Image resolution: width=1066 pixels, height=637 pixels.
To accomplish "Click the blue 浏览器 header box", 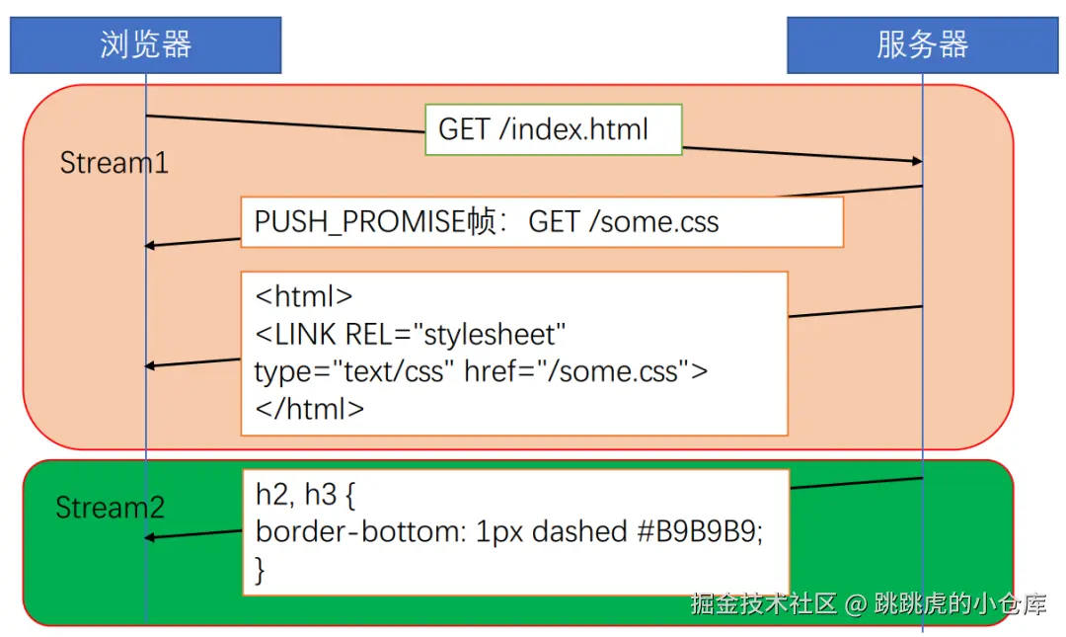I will (145, 44).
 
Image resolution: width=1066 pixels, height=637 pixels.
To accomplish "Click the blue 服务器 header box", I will (922, 44).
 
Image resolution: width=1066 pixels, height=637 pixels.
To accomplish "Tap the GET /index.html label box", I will (553, 129).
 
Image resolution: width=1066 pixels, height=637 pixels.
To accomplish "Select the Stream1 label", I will (114, 163).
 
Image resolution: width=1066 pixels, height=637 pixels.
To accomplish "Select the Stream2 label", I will (110, 509).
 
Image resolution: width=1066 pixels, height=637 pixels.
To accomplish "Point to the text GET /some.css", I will (624, 222).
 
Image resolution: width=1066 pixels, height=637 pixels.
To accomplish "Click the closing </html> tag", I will (310, 408).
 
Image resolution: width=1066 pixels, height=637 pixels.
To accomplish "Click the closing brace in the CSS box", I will (261, 569).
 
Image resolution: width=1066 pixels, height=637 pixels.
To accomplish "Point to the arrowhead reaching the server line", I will (916, 160).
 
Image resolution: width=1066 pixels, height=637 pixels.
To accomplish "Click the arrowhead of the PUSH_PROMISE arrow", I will (150, 245).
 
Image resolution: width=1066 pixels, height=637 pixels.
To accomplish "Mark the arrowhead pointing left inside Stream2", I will (150, 537).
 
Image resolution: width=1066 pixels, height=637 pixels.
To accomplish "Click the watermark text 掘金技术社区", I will (764, 603).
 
